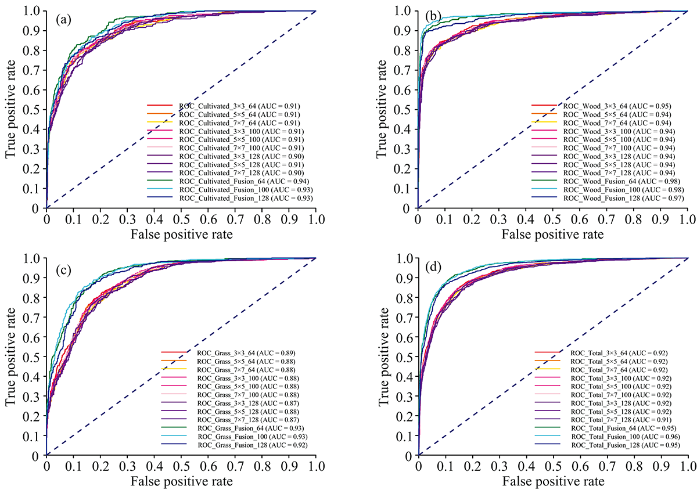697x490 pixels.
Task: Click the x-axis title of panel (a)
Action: pyautogui.click(x=181, y=234)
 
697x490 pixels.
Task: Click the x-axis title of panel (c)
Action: pyautogui.click(x=181, y=481)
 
